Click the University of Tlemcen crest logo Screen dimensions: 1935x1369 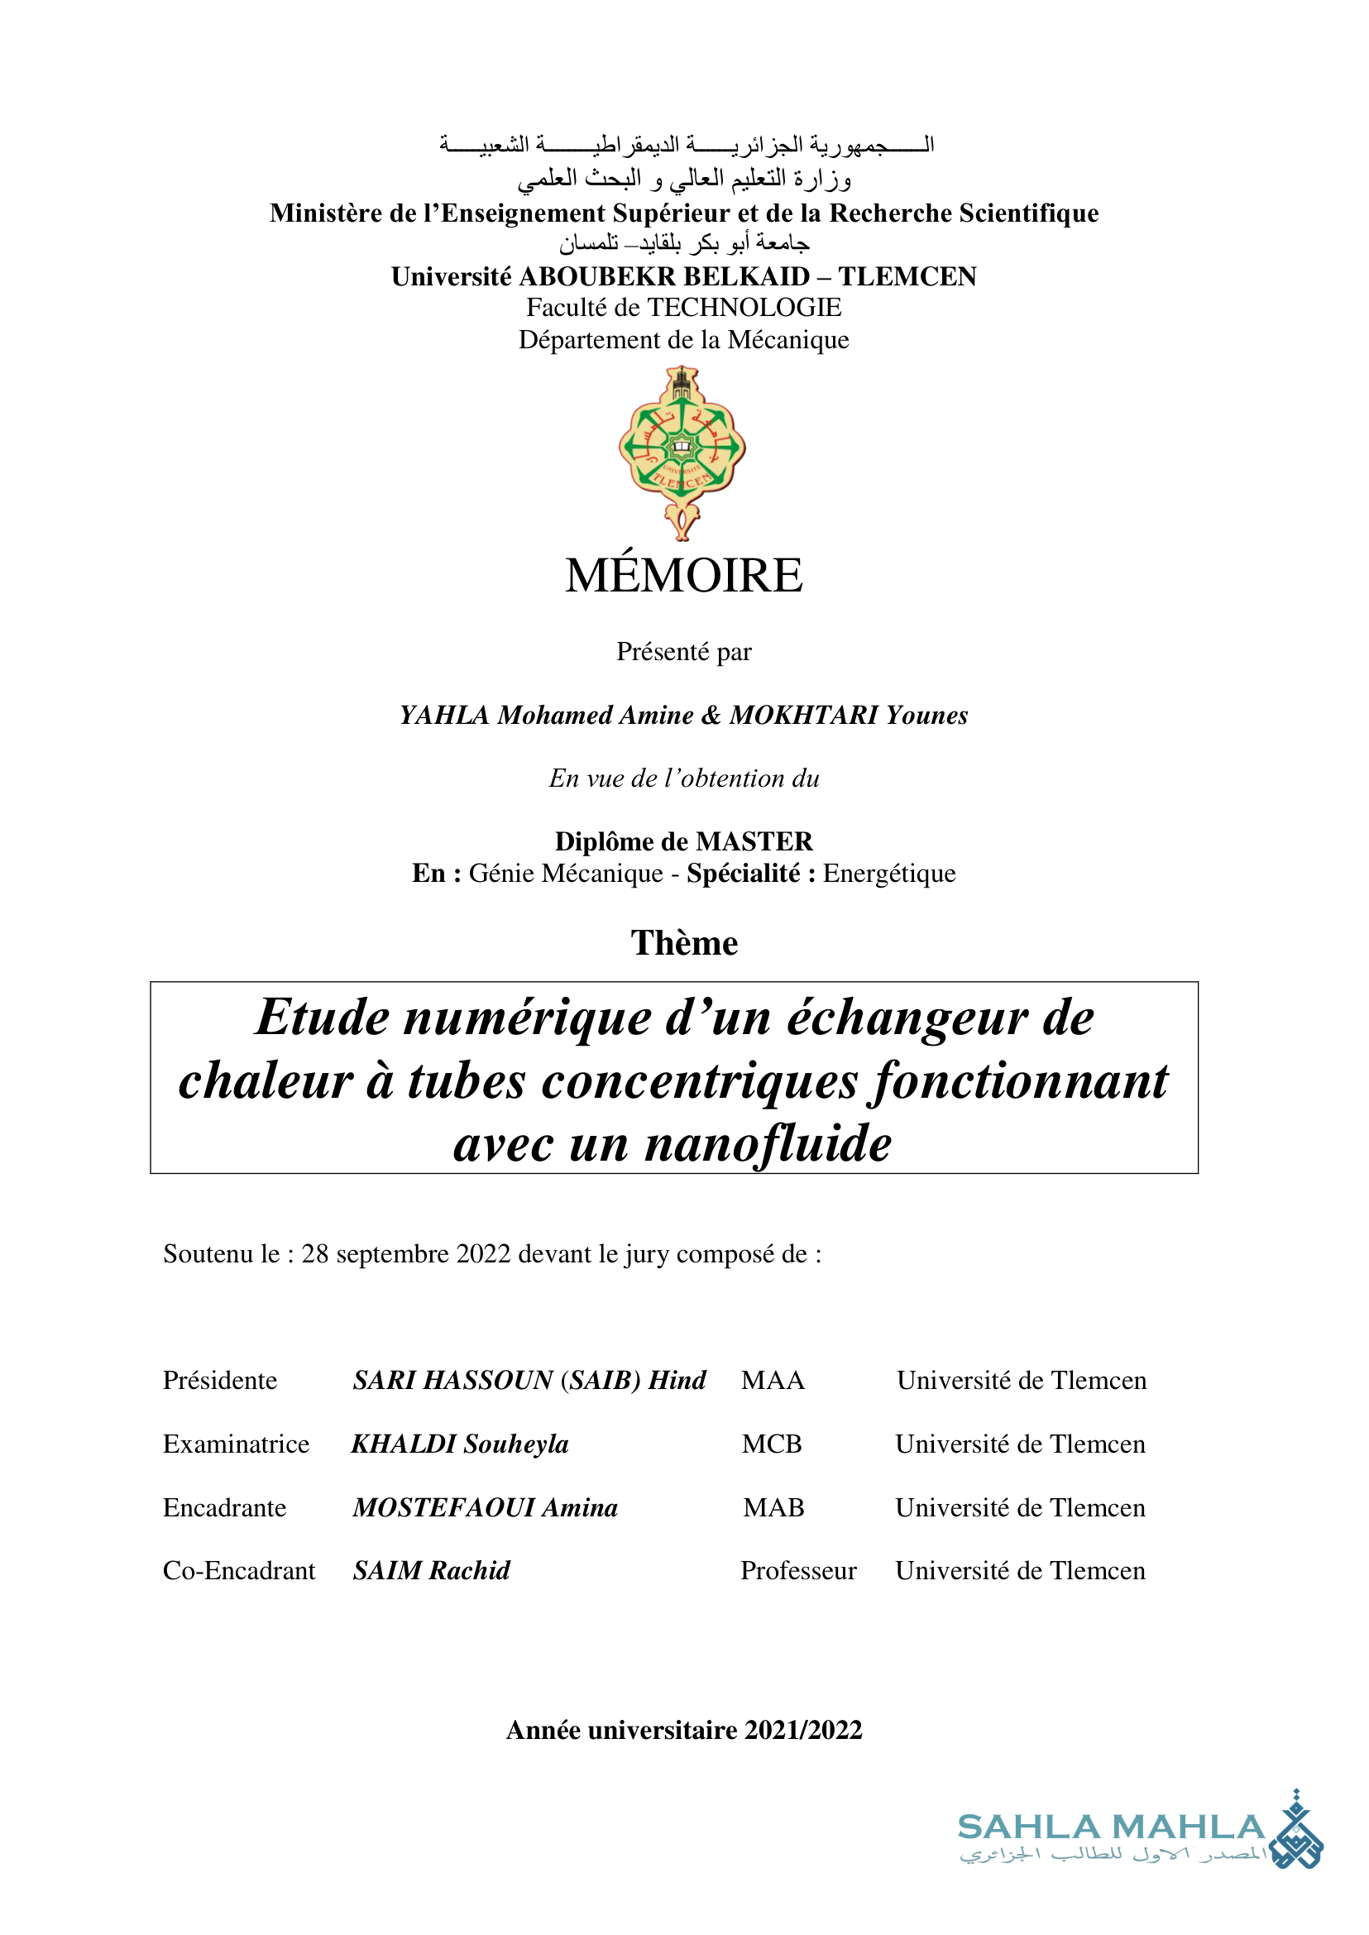[x=682, y=452]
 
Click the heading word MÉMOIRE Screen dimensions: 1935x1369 [x=683, y=576]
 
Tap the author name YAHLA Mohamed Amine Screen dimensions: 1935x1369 [x=546, y=715]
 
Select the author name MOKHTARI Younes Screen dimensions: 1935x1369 [x=848, y=715]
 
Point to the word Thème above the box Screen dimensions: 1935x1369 [x=683, y=942]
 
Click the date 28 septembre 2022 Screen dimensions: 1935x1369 [x=406, y=1254]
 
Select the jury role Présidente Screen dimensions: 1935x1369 [x=220, y=1380]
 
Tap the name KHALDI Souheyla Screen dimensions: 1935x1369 [x=459, y=1444]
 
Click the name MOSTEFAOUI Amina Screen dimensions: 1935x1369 [x=486, y=1506]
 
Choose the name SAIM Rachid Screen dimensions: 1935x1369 [x=432, y=1570]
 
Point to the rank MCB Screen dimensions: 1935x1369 [x=771, y=1444]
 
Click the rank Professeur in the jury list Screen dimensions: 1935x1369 [x=798, y=1570]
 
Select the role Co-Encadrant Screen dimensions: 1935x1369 [x=238, y=1570]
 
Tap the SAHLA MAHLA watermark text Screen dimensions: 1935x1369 [x=1111, y=1827]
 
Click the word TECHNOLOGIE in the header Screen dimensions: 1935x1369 [x=744, y=308]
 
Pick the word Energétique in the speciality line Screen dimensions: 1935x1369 [x=889, y=874]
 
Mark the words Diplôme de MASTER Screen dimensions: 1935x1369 [x=683, y=841]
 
